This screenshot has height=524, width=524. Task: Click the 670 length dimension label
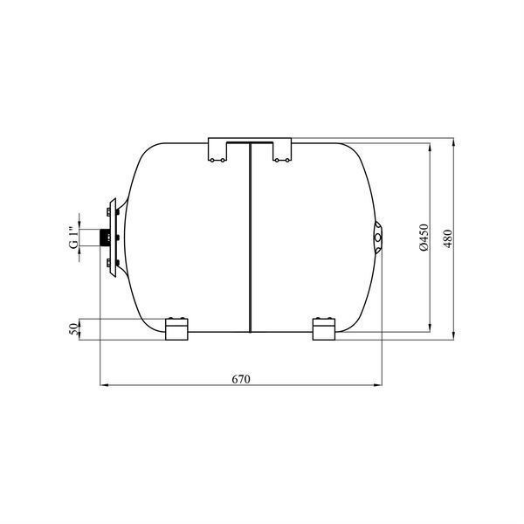tap(241, 379)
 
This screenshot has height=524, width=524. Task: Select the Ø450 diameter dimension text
tap(424, 238)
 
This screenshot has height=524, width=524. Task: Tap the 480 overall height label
tap(448, 238)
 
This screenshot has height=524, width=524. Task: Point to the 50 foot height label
tap(72, 329)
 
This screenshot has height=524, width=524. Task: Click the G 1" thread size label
tap(73, 238)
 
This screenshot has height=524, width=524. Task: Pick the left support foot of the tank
tap(176, 329)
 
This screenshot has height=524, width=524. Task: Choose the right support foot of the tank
tap(324, 329)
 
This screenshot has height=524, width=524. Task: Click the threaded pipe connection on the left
tap(105, 238)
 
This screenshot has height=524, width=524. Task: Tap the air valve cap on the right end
tap(378, 238)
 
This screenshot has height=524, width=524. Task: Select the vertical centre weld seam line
tap(250, 238)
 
